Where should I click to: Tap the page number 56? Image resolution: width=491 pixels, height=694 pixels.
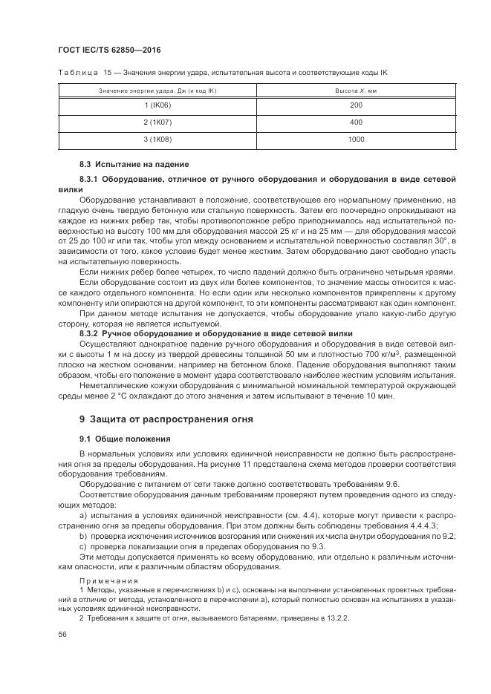tap(62, 634)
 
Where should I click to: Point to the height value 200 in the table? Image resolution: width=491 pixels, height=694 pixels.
tap(356, 105)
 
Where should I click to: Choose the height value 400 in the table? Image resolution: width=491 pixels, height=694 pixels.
tap(356, 122)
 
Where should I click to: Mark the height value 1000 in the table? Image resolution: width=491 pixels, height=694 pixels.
tap(356, 139)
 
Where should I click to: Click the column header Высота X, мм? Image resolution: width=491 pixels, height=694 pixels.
tap(356, 90)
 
